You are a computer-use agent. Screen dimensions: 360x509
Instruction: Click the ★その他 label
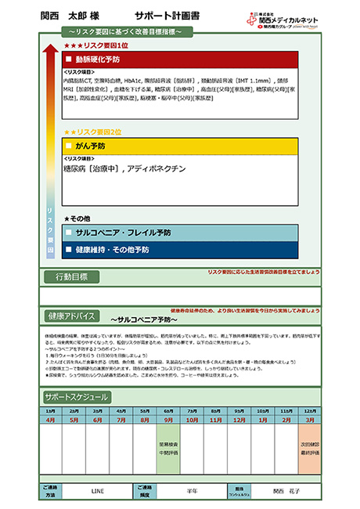tap(79, 218)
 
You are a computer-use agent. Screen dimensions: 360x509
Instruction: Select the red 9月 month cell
tap(169, 419)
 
